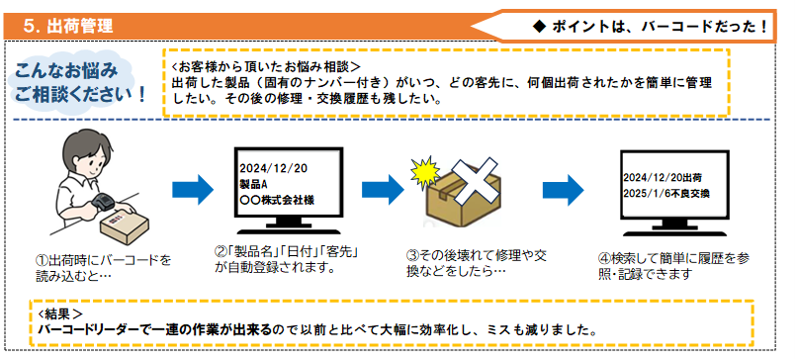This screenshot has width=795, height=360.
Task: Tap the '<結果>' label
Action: [57, 314]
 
